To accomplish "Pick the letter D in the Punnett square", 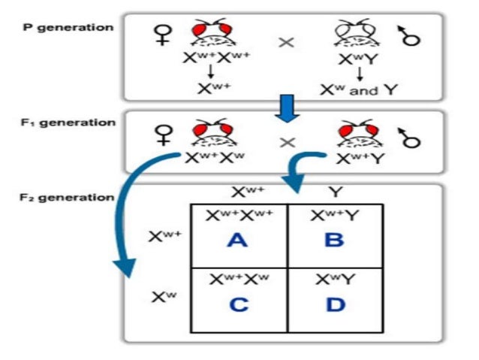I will tap(335, 305).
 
